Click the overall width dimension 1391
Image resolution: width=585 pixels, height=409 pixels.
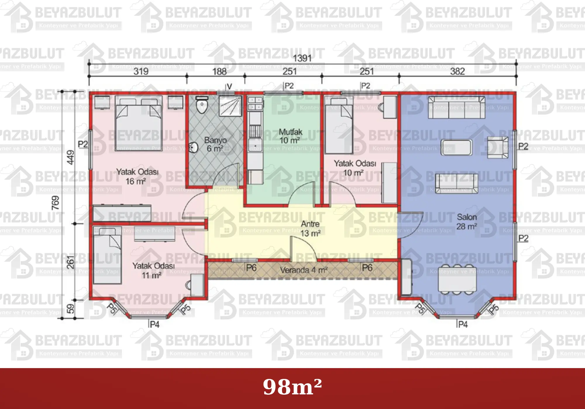click(302, 58)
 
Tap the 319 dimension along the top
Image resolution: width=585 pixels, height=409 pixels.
click(141, 71)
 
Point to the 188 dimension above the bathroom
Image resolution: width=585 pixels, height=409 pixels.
click(219, 71)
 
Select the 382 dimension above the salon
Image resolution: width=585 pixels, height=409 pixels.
click(457, 71)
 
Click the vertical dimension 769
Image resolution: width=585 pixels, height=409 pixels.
click(55, 203)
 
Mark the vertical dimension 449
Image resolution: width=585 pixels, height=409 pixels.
click(71, 157)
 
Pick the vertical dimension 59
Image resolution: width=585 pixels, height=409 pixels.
click(71, 309)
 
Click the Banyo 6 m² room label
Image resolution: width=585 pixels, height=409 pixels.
click(215, 144)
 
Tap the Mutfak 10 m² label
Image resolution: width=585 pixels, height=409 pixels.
click(290, 136)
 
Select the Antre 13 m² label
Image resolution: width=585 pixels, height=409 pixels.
click(310, 228)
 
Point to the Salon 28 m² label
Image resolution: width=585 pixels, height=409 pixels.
click(467, 222)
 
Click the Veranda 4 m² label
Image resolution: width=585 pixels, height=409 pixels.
click(304, 270)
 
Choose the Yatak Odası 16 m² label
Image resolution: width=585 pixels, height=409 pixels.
click(137, 176)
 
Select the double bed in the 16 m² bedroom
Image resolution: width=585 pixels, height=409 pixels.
click(139, 123)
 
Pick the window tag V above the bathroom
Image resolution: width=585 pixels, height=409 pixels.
click(230, 86)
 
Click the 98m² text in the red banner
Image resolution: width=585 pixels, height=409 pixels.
click(292, 387)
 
